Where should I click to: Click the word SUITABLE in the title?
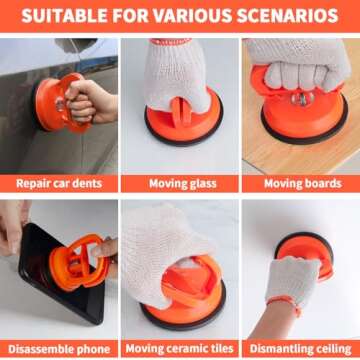[63, 16]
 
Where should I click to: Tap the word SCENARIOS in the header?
[288, 16]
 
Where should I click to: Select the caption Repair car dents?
[59, 184]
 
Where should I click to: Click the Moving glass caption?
[183, 184]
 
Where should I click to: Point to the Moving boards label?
[303, 184]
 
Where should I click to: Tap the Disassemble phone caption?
[59, 349]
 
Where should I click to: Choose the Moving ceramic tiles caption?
[180, 349]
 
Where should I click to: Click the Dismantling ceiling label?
[301, 349]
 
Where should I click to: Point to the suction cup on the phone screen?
[78, 262]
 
